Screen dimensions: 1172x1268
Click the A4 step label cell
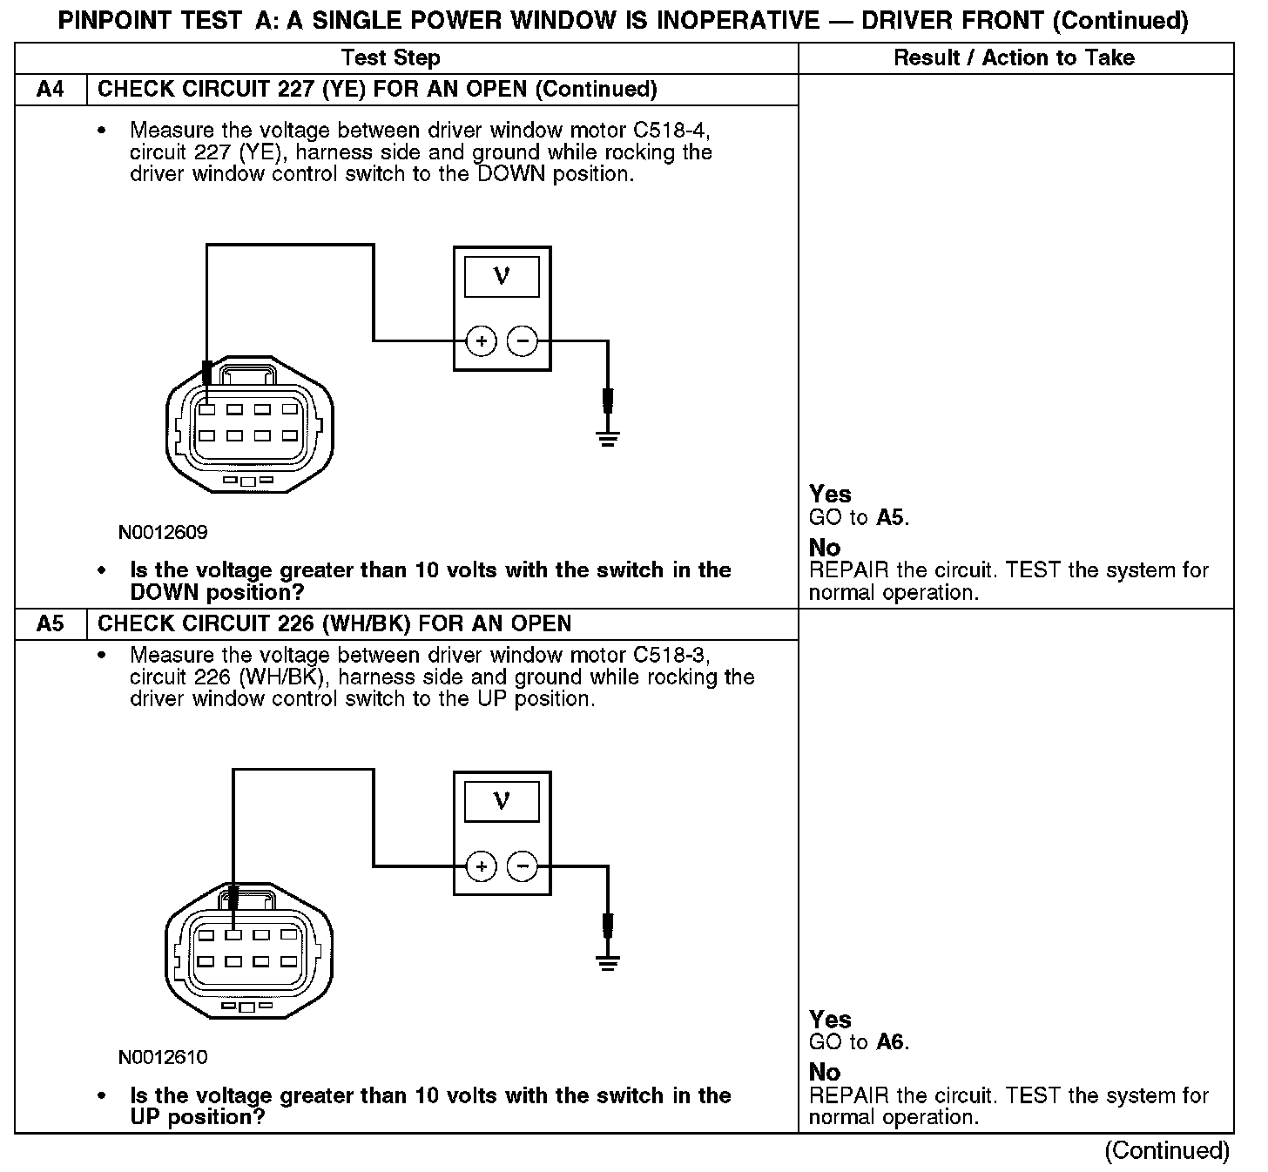[51, 90]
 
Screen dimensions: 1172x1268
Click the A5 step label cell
[51, 624]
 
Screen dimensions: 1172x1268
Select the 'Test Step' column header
[391, 58]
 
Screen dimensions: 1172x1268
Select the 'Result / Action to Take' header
[1015, 58]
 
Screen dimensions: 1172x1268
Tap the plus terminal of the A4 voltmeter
[482, 341]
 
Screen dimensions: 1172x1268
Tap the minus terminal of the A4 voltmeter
[523, 341]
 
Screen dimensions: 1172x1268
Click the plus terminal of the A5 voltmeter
[482, 866]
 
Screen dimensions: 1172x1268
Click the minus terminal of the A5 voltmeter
[523, 866]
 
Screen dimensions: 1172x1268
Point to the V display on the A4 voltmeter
[502, 277]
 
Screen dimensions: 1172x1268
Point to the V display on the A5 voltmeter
[502, 801]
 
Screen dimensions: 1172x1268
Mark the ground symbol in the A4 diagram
[608, 437]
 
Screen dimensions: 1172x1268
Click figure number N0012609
[163, 532]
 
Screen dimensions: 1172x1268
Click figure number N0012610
[163, 1058]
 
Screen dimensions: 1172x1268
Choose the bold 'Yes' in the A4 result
[830, 495]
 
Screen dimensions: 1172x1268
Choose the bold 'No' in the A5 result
[825, 1073]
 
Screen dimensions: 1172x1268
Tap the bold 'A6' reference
[892, 1042]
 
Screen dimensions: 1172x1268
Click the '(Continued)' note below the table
[1167, 1151]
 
